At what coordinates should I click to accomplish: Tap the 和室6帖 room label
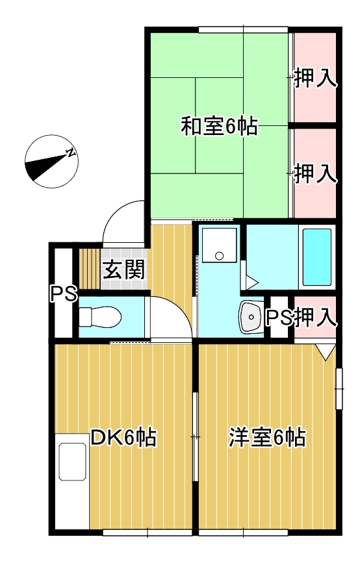[x=218, y=126]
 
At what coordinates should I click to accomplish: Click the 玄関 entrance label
[x=123, y=269]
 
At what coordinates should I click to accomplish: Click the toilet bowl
[x=99, y=318]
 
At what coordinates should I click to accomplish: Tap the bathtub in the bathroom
[x=317, y=256]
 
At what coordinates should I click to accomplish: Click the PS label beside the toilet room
[x=64, y=294]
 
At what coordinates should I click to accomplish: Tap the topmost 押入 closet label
[x=315, y=78]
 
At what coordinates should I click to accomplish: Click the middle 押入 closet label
[x=315, y=173]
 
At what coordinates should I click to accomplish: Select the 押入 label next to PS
[x=315, y=317]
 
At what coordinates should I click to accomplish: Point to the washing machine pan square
[x=218, y=245]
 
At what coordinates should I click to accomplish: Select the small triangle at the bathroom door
[x=251, y=281]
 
